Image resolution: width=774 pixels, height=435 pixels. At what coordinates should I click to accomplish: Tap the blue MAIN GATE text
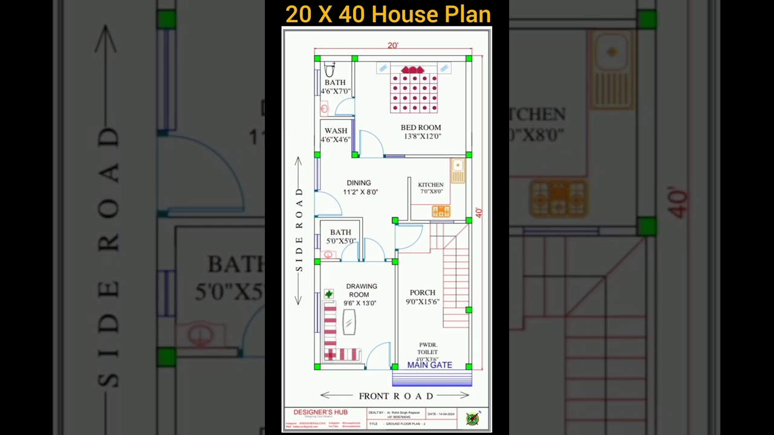tap(429, 365)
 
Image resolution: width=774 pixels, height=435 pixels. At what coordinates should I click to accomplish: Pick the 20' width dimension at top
tap(393, 45)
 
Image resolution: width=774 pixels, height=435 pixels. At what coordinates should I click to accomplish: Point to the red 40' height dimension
tap(478, 213)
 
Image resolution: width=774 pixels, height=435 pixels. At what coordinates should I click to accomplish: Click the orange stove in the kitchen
tap(441, 211)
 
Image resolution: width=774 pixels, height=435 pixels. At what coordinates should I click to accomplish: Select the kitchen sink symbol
tap(458, 170)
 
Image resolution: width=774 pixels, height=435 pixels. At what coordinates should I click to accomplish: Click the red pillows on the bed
tap(412, 70)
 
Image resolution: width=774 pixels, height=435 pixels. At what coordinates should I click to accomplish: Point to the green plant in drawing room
tap(328, 294)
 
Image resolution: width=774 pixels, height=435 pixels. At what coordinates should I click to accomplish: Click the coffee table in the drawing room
tap(349, 321)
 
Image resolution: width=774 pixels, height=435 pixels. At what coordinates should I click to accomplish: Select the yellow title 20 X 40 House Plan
tap(388, 14)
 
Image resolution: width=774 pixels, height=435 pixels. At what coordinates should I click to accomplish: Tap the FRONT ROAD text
tap(396, 396)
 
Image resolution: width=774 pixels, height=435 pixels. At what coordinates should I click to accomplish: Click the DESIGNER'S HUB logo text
tap(321, 413)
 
